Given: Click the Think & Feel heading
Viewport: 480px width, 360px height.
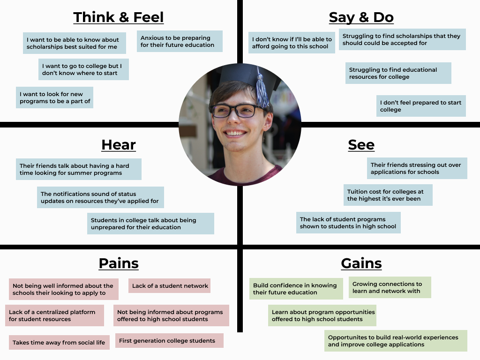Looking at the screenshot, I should click(x=119, y=17).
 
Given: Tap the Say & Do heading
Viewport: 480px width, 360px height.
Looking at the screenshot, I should click(x=361, y=17).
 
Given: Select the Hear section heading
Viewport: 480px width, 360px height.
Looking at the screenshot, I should click(x=119, y=145).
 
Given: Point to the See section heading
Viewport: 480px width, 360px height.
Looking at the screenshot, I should click(x=361, y=145).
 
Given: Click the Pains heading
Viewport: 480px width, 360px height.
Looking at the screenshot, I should click(x=119, y=263).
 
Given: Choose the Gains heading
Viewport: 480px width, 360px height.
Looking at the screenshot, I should click(x=361, y=263).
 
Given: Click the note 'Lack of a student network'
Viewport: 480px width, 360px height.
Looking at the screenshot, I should click(x=170, y=286).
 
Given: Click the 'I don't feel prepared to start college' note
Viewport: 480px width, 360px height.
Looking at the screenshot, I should click(x=421, y=106).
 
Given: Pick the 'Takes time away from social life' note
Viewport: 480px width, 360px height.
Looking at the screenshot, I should click(x=59, y=343).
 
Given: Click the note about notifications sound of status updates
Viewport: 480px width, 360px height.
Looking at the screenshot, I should click(x=100, y=197).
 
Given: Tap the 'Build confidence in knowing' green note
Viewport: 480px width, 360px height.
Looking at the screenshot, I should click(x=296, y=289).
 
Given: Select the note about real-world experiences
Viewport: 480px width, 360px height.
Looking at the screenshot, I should click(x=396, y=341).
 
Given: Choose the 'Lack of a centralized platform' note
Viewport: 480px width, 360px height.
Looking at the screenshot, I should click(x=55, y=315).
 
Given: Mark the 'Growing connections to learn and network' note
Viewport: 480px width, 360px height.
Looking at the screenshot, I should click(x=390, y=287).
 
